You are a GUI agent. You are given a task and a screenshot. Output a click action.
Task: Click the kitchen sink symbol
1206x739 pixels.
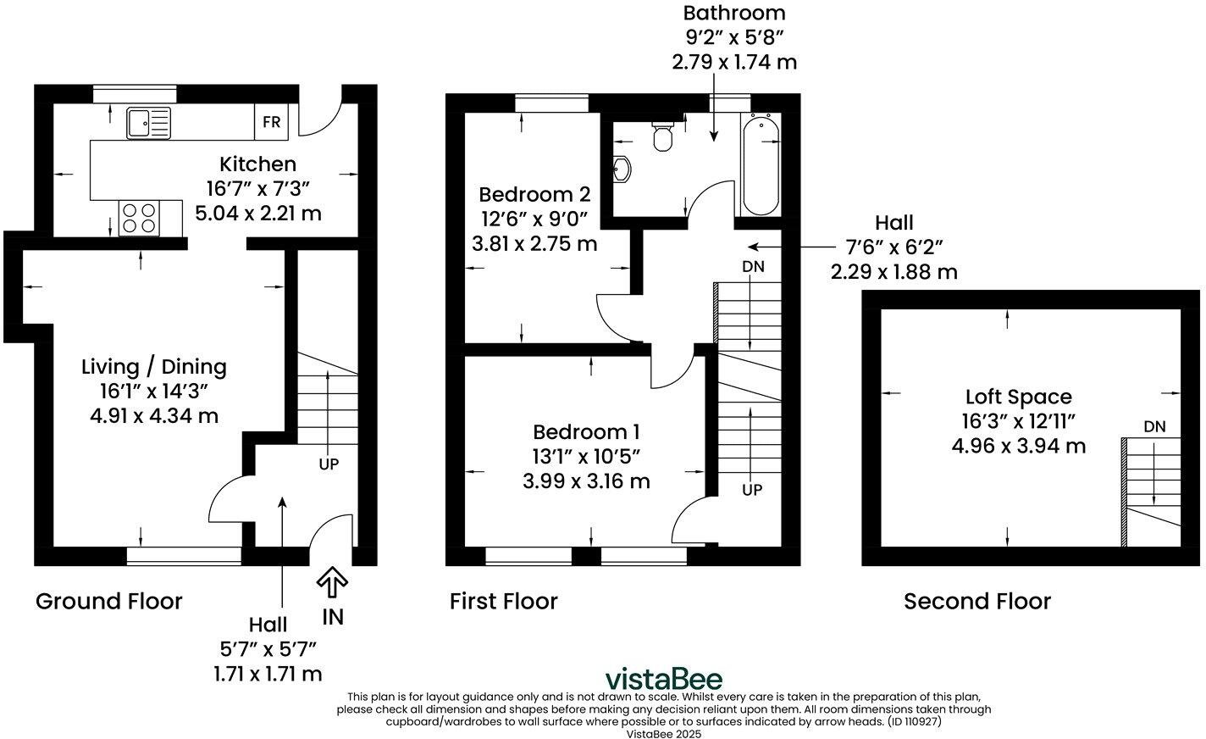click(148, 123)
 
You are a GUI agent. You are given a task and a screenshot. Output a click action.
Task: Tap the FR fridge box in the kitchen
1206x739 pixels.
click(271, 122)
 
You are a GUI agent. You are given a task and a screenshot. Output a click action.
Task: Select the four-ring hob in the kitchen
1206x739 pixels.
click(140, 218)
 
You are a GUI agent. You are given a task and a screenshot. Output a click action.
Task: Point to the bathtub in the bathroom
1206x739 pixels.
click(761, 164)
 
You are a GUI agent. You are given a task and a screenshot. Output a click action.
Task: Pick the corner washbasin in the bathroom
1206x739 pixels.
click(621, 169)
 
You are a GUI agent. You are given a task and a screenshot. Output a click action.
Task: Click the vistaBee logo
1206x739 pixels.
click(663, 679)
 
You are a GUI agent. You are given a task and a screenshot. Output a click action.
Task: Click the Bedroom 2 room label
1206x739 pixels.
click(534, 194)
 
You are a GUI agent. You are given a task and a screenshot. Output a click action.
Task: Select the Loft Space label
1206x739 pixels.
click(1019, 397)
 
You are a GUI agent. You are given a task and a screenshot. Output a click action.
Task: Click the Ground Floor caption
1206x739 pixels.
click(109, 601)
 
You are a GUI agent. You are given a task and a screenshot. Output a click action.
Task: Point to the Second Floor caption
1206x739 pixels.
click(977, 601)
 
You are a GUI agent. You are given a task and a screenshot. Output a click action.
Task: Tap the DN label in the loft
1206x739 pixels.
click(1155, 426)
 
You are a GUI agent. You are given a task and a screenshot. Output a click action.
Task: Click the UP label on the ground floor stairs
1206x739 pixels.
click(329, 464)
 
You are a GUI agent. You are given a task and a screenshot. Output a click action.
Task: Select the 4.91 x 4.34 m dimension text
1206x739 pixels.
click(154, 416)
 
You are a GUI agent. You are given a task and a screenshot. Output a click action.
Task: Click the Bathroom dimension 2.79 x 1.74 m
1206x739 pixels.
click(734, 63)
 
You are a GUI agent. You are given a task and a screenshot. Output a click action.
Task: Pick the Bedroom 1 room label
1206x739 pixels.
click(586, 432)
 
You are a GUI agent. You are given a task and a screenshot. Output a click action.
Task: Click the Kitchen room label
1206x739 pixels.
click(258, 164)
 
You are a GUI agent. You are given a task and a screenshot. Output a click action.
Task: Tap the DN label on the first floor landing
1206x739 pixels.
click(753, 267)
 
